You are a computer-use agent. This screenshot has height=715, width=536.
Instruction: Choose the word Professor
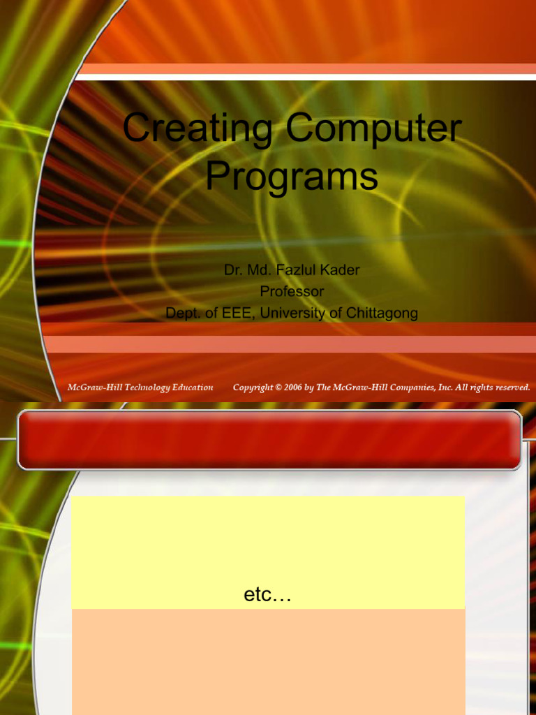[x=292, y=291]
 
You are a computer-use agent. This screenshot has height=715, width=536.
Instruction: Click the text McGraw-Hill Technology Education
[x=140, y=388]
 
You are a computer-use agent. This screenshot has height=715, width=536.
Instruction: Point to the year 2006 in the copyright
[x=293, y=388]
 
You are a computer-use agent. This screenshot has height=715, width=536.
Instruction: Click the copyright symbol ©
[x=278, y=388]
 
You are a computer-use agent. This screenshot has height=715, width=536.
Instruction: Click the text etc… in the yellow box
[x=267, y=596]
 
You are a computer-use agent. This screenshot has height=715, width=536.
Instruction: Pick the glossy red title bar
[x=269, y=439]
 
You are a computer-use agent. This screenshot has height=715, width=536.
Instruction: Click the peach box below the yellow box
[x=268, y=660]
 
